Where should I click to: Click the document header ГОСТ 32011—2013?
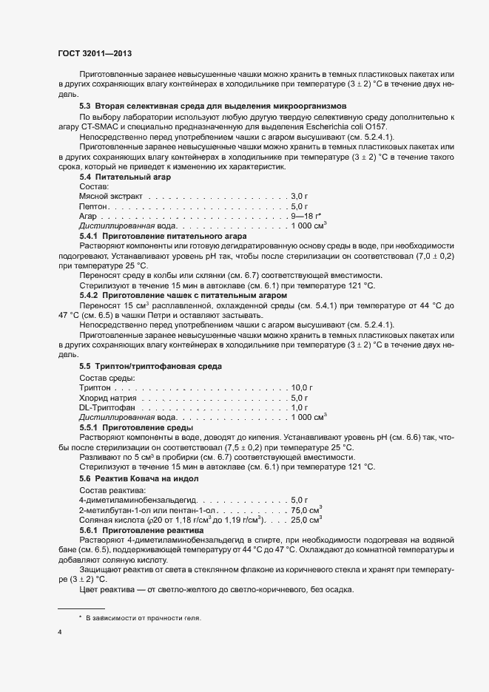(x=94, y=53)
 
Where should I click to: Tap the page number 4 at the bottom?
(x=60, y=632)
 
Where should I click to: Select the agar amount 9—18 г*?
(x=306, y=215)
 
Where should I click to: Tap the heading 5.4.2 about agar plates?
(x=172, y=294)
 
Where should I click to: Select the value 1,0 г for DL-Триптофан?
(x=300, y=407)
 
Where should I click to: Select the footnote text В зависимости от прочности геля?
(x=144, y=617)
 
